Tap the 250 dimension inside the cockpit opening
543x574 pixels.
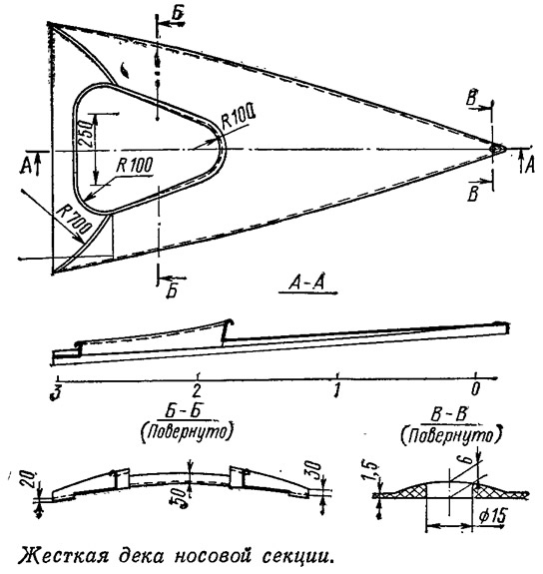pos(85,132)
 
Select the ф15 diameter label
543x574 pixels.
pos(493,516)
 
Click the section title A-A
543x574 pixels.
pos(306,283)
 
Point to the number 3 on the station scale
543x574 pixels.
pos(56,392)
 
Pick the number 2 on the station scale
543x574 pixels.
pos(197,390)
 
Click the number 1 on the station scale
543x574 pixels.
pos(336,390)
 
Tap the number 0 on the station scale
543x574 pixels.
pos(475,388)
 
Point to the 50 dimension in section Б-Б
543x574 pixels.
pos(180,497)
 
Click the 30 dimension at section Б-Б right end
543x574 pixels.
pos(315,472)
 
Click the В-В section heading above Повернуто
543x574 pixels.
pos(449,415)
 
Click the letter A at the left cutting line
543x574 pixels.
pos(26,166)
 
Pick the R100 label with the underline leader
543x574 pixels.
pos(135,166)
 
